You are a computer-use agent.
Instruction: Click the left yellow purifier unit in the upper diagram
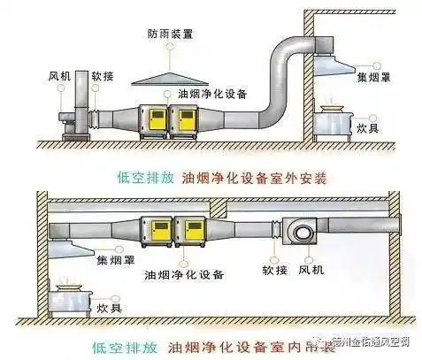click(x=155, y=123)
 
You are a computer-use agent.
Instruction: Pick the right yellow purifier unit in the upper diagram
click(x=188, y=123)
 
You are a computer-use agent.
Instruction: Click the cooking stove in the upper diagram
click(x=333, y=119)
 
